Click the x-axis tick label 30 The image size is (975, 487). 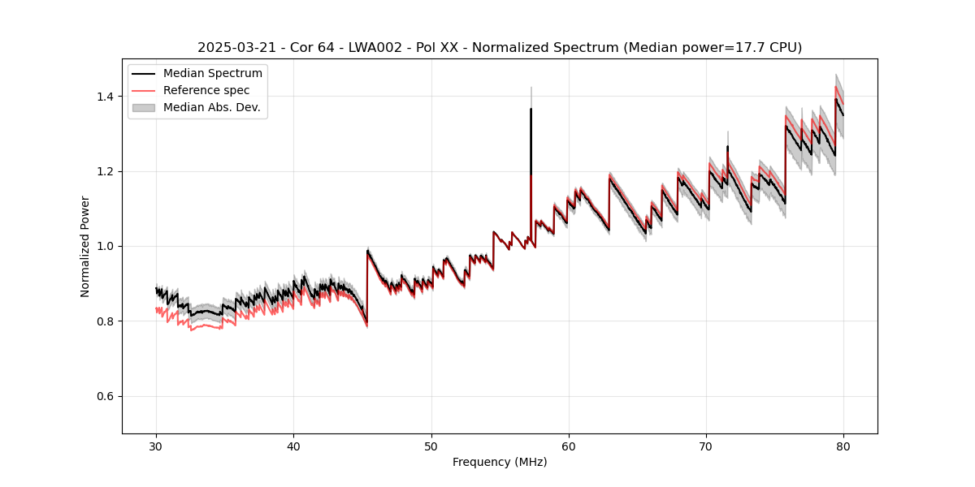(157, 446)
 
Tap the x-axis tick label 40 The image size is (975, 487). (294, 446)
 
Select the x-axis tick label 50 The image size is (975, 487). (431, 446)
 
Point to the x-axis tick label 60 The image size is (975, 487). (569, 446)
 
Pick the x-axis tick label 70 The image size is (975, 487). (706, 446)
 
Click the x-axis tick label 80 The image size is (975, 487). (843, 446)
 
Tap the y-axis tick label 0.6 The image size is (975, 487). (105, 396)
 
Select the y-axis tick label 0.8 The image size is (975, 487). (105, 321)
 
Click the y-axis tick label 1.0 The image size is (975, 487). (105, 246)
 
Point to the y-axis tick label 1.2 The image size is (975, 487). (105, 171)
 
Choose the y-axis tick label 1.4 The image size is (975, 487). (105, 97)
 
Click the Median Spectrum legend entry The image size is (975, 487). (212, 74)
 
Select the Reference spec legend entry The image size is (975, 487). (206, 90)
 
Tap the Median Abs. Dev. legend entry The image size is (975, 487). (211, 107)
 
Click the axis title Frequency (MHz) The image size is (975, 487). (500, 463)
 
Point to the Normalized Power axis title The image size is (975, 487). (85, 246)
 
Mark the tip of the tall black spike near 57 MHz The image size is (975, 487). (531, 109)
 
